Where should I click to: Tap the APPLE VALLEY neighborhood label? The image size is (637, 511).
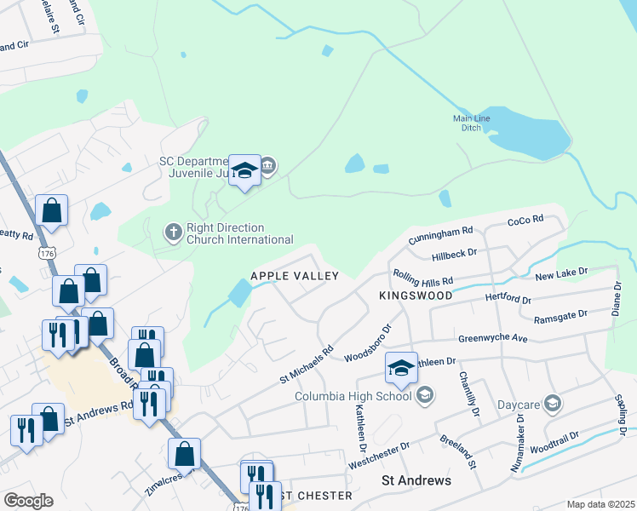coord(295,276)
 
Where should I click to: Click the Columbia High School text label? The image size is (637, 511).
coord(353,396)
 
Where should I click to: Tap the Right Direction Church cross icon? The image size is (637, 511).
coord(173,232)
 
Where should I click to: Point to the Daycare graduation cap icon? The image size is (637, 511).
coord(552,403)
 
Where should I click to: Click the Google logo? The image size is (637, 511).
coord(27,501)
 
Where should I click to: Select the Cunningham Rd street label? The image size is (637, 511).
coord(440,234)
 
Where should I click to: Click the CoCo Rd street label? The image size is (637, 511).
coord(525,221)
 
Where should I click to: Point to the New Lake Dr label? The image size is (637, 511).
coord(561,273)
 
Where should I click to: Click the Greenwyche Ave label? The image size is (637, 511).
coord(493,338)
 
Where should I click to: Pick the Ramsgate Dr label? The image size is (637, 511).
coord(560,316)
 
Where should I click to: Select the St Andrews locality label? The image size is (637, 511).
coord(416,481)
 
